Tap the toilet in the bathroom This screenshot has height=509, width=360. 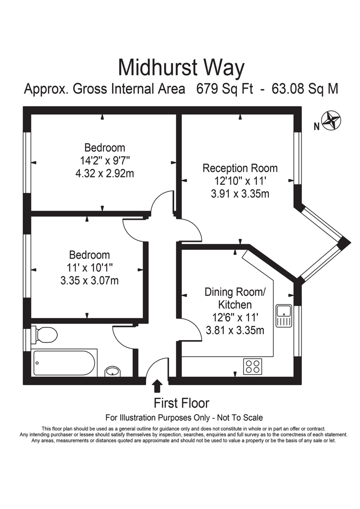(44, 336)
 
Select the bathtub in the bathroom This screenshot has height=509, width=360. (64, 363)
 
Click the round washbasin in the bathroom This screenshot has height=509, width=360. (112, 372)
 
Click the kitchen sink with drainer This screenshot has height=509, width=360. (284, 316)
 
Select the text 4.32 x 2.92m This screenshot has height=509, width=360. (104, 174)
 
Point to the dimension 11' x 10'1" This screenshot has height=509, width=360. (90, 268)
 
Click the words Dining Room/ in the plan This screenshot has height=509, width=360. (235, 292)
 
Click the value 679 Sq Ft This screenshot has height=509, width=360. (225, 89)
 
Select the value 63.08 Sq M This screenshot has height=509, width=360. (305, 89)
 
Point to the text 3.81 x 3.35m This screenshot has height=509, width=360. (235, 330)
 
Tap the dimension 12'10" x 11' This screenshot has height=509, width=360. (240, 181)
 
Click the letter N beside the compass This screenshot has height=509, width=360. (317, 126)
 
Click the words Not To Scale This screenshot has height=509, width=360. (240, 418)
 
